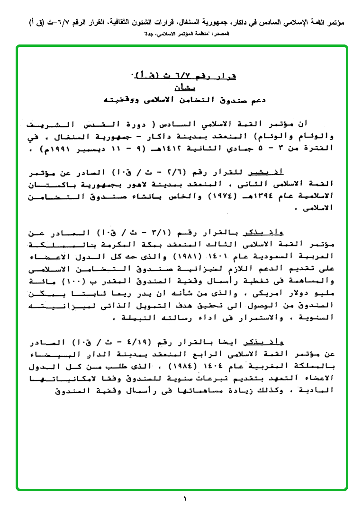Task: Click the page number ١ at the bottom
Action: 185,499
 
